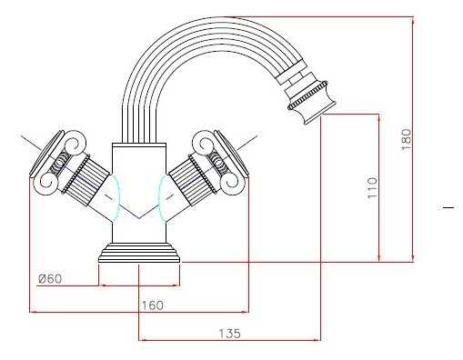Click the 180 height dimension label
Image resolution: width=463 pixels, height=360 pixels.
[x=406, y=139]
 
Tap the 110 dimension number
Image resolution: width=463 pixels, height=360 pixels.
[x=373, y=187]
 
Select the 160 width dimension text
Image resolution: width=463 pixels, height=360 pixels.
[x=153, y=305]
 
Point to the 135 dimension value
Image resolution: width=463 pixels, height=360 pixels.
[x=230, y=334]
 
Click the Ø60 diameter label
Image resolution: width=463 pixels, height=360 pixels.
[x=50, y=278]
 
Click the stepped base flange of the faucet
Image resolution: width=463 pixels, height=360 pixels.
[x=139, y=253]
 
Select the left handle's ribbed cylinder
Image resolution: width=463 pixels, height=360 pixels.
[x=86, y=180]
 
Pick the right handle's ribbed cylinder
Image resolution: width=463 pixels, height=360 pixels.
[x=192, y=180]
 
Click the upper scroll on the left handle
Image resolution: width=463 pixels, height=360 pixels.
[x=74, y=142]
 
